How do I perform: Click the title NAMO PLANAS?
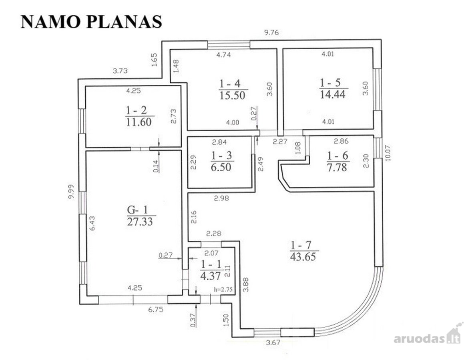pos(91,22)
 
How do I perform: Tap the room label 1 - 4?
pos(230,84)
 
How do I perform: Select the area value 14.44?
pos(333,94)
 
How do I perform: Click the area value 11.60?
pos(139,122)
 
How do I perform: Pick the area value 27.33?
pos(140,222)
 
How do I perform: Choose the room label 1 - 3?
pos(221,155)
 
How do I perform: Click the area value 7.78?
pos(337,167)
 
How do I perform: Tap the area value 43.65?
pos(303,257)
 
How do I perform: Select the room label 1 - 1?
pos(211,264)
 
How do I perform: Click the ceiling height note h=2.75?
pos(223,289)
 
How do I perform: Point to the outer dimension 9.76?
pos(271,33)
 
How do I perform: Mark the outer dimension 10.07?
pos(388,153)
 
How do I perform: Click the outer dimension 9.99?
pos(71,192)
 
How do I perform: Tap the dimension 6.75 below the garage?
pos(156,310)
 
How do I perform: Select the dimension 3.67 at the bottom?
pos(273,342)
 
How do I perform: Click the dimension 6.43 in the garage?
pos(92,223)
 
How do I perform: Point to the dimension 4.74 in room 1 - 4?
pos(224,55)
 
